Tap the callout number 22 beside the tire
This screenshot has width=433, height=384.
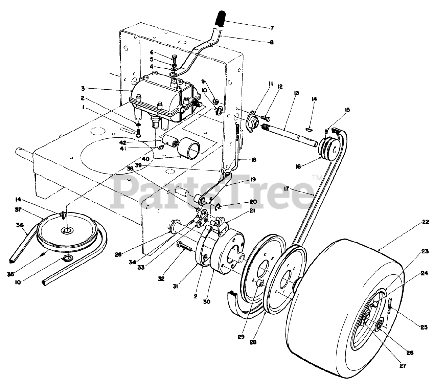(x=426, y=222)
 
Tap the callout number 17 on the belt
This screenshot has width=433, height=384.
(x=287, y=189)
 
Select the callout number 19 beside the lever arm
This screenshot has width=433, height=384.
(x=252, y=179)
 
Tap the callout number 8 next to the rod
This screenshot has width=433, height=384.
(x=272, y=42)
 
